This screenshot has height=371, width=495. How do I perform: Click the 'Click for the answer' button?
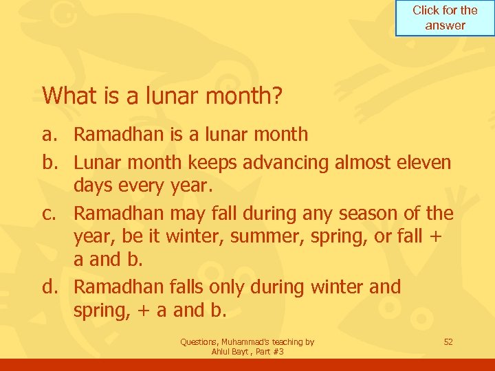pos(445,18)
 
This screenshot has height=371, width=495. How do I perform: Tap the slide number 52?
pos(448,341)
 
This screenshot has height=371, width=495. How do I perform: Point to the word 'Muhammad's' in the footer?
pos(250,341)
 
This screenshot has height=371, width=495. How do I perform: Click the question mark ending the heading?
pos(277,95)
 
